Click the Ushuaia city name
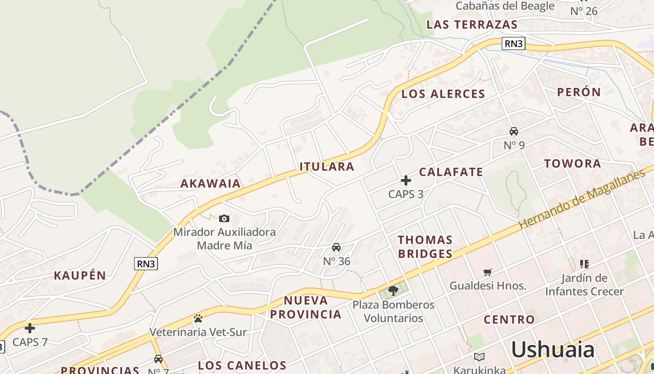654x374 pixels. click(553, 350)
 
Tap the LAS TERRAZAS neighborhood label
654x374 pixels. click(472, 25)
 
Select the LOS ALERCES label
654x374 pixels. click(443, 94)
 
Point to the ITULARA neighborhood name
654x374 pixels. click(327, 166)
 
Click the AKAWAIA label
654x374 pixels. click(211, 183)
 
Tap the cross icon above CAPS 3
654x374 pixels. click(406, 180)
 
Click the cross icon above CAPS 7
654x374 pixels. click(30, 328)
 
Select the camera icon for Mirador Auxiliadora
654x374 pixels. click(224, 218)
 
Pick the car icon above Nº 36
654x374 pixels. click(336, 247)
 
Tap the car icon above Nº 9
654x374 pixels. click(514, 131)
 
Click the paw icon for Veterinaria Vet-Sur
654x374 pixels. click(198, 319)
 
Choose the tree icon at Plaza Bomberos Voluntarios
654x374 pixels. click(393, 291)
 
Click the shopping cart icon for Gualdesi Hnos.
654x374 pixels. click(488, 272)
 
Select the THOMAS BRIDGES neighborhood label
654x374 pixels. click(425, 247)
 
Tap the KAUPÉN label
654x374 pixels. click(80, 275)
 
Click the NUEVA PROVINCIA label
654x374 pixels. click(306, 307)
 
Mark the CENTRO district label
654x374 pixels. click(509, 320)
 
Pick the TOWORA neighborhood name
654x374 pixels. click(572, 164)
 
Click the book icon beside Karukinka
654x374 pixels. click(479, 357)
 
